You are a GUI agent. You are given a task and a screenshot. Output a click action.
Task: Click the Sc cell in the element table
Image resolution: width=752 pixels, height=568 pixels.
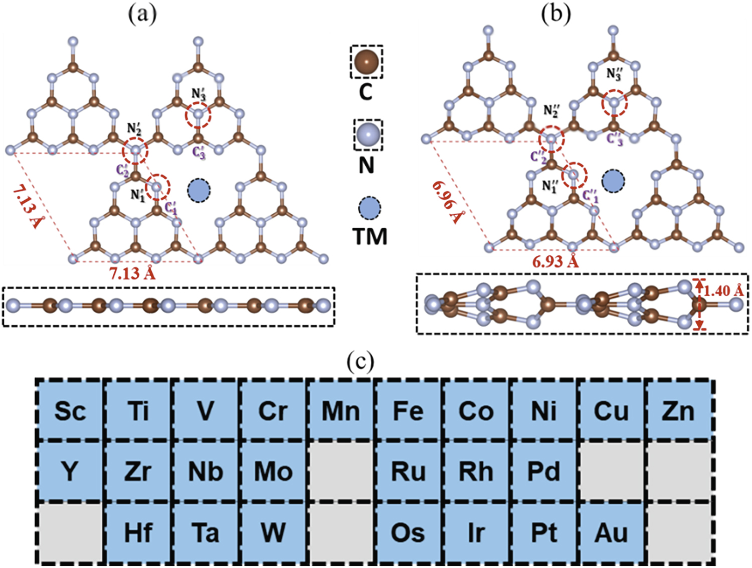point(70,411)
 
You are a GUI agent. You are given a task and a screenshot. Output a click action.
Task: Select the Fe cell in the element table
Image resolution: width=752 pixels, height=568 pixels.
point(408,411)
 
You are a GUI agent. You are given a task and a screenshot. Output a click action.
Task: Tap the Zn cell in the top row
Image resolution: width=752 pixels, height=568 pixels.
point(678,411)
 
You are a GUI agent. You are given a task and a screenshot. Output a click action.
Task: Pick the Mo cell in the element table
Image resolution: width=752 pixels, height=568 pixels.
point(273,472)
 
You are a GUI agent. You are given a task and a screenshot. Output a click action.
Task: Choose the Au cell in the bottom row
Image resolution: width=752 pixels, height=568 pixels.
point(611,532)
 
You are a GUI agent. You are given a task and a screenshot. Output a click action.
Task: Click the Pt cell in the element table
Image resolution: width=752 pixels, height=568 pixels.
point(543,532)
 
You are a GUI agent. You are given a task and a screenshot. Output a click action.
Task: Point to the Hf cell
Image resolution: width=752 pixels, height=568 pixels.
point(138,532)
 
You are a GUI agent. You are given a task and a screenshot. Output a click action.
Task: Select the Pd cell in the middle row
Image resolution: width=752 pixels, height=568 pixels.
point(543,472)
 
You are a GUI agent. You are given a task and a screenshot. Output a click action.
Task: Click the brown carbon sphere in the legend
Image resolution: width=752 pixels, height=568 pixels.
point(367,61)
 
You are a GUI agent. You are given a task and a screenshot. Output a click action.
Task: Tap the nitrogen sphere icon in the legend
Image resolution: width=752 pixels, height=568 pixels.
point(368,134)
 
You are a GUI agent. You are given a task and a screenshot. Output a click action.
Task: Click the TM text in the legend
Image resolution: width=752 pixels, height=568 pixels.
point(370,236)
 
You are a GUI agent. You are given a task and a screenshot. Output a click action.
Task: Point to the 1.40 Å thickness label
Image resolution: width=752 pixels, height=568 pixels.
point(723,291)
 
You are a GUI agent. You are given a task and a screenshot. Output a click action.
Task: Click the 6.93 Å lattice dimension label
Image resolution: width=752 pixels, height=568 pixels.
point(555,261)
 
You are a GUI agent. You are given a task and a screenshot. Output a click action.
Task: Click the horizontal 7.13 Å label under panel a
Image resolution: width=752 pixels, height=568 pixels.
point(132,273)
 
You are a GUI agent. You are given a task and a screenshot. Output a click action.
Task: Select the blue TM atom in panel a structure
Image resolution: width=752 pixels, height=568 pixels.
point(199,191)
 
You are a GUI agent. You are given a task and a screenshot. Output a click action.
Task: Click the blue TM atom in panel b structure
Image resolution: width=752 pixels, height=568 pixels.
point(613,181)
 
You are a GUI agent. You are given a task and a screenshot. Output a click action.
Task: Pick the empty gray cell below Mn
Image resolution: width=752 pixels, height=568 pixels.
point(341,472)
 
